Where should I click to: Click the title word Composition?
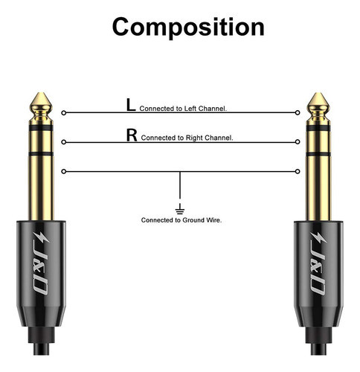click(x=188, y=27)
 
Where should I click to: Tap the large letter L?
click(x=131, y=106)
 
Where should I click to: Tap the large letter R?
click(x=132, y=135)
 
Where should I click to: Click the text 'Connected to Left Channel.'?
click(x=183, y=109)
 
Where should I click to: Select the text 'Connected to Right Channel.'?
click(x=187, y=138)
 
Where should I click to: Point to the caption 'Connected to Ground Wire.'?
click(x=181, y=220)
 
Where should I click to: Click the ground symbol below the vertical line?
click(x=181, y=205)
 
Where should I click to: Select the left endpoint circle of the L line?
click(x=63, y=113)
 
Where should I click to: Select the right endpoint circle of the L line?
click(x=298, y=113)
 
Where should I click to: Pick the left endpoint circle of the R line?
click(x=63, y=142)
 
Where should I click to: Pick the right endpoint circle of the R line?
click(x=298, y=142)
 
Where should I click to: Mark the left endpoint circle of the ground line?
click(x=63, y=172)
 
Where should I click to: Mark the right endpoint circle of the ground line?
click(x=298, y=172)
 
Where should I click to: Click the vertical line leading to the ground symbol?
click(x=181, y=186)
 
